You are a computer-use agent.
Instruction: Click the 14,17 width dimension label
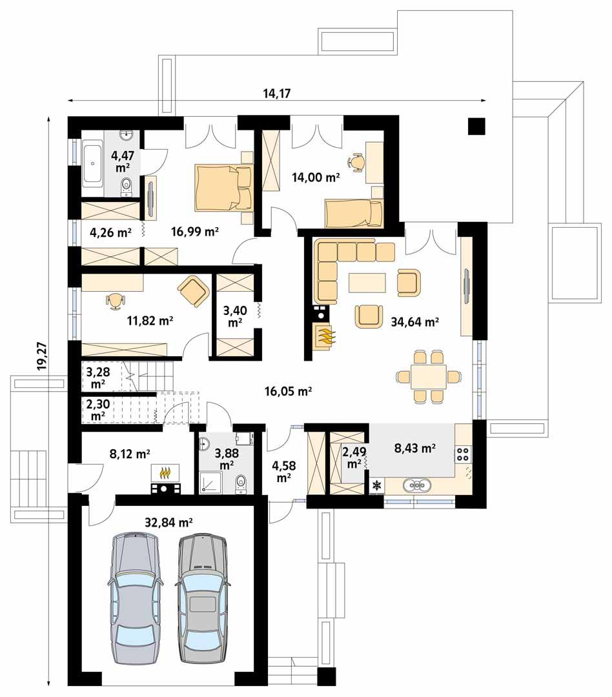[277, 93]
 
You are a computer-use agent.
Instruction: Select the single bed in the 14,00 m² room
[352, 212]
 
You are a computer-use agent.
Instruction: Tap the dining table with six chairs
[428, 376]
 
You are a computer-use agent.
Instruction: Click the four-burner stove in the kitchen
[463, 454]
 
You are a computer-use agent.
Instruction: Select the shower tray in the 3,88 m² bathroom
[210, 481]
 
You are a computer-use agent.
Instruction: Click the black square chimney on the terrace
[476, 126]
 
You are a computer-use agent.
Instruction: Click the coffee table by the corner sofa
[367, 282]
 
